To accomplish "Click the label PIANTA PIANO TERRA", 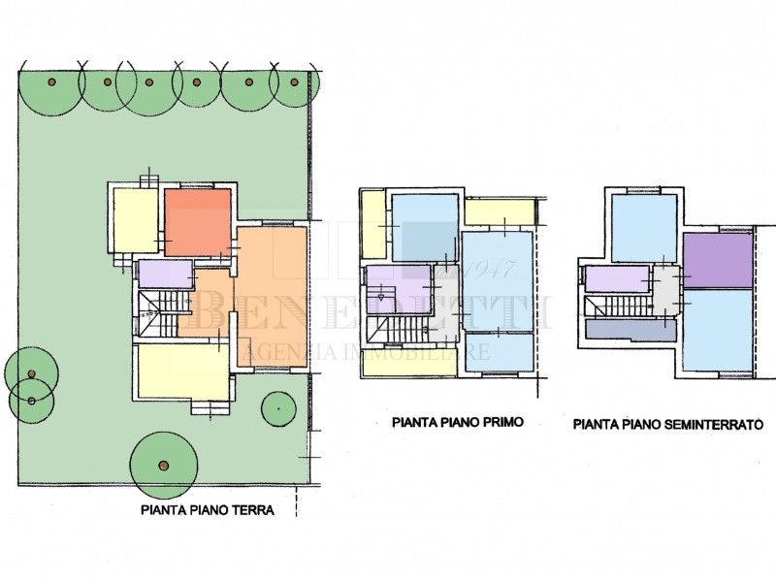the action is click(x=208, y=509).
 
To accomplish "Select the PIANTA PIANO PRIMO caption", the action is click(x=458, y=422).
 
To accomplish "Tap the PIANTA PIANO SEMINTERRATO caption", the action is click(x=668, y=424).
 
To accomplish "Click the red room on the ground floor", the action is click(x=198, y=222).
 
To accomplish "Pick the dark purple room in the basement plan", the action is click(x=718, y=260).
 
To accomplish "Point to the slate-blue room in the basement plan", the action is click(x=630, y=330).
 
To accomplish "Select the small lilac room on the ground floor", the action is click(x=165, y=274).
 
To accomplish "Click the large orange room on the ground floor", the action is click(x=272, y=297).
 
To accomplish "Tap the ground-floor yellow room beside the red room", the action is click(x=136, y=221).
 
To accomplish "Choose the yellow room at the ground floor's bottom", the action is click(x=183, y=372).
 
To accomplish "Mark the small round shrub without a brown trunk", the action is click(x=278, y=408).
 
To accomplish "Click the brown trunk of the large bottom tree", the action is click(x=163, y=466).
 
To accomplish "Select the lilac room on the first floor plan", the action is click(x=399, y=289).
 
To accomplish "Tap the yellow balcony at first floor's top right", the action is click(x=500, y=211).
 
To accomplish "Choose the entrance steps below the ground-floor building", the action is click(x=210, y=407).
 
